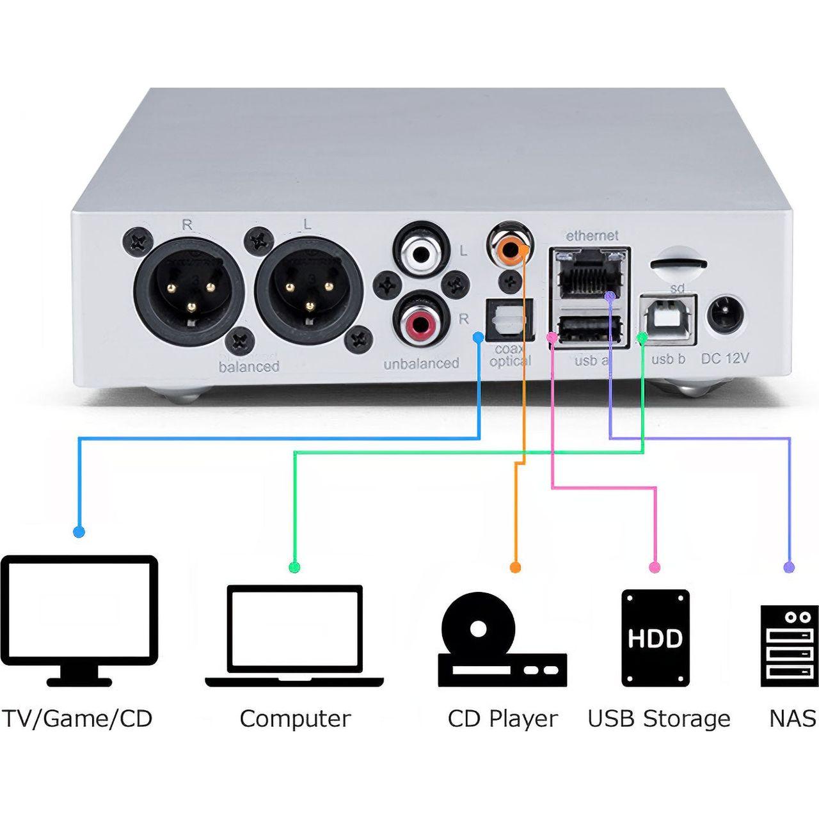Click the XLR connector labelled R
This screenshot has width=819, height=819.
(x=189, y=292)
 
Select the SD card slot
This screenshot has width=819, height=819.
(x=678, y=262)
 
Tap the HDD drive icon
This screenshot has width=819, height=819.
(x=655, y=637)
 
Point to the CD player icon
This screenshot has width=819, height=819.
(x=502, y=640)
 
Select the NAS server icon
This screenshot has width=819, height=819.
(x=790, y=645)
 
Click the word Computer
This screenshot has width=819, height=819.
(x=295, y=719)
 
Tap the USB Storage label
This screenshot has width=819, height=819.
(x=658, y=719)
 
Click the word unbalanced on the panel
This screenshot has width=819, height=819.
(x=421, y=363)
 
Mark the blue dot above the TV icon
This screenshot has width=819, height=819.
(x=79, y=531)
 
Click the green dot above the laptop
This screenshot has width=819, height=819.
(x=294, y=567)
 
